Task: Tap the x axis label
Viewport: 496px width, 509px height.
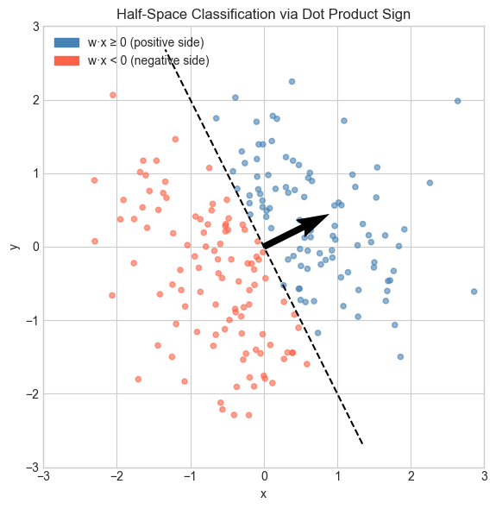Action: (264, 493)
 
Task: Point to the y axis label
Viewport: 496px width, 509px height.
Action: (13, 247)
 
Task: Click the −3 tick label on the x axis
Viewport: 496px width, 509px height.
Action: (43, 476)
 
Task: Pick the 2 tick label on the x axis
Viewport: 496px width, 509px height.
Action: (411, 476)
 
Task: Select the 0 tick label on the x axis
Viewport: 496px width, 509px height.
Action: (264, 476)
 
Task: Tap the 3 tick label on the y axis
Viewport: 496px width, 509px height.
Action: (34, 27)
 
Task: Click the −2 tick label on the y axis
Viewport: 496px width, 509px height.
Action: (31, 394)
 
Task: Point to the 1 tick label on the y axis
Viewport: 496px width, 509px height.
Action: (34, 173)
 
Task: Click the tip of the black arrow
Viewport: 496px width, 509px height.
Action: (330, 214)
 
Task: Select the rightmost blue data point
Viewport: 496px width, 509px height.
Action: (474, 292)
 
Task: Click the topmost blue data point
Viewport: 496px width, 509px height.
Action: (292, 81)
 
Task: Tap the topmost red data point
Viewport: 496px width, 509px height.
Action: (113, 95)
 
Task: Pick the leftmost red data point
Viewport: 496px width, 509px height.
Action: (94, 180)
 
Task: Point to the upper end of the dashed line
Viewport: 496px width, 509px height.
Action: (166, 50)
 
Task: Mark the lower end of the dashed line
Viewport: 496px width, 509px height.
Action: (362, 444)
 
